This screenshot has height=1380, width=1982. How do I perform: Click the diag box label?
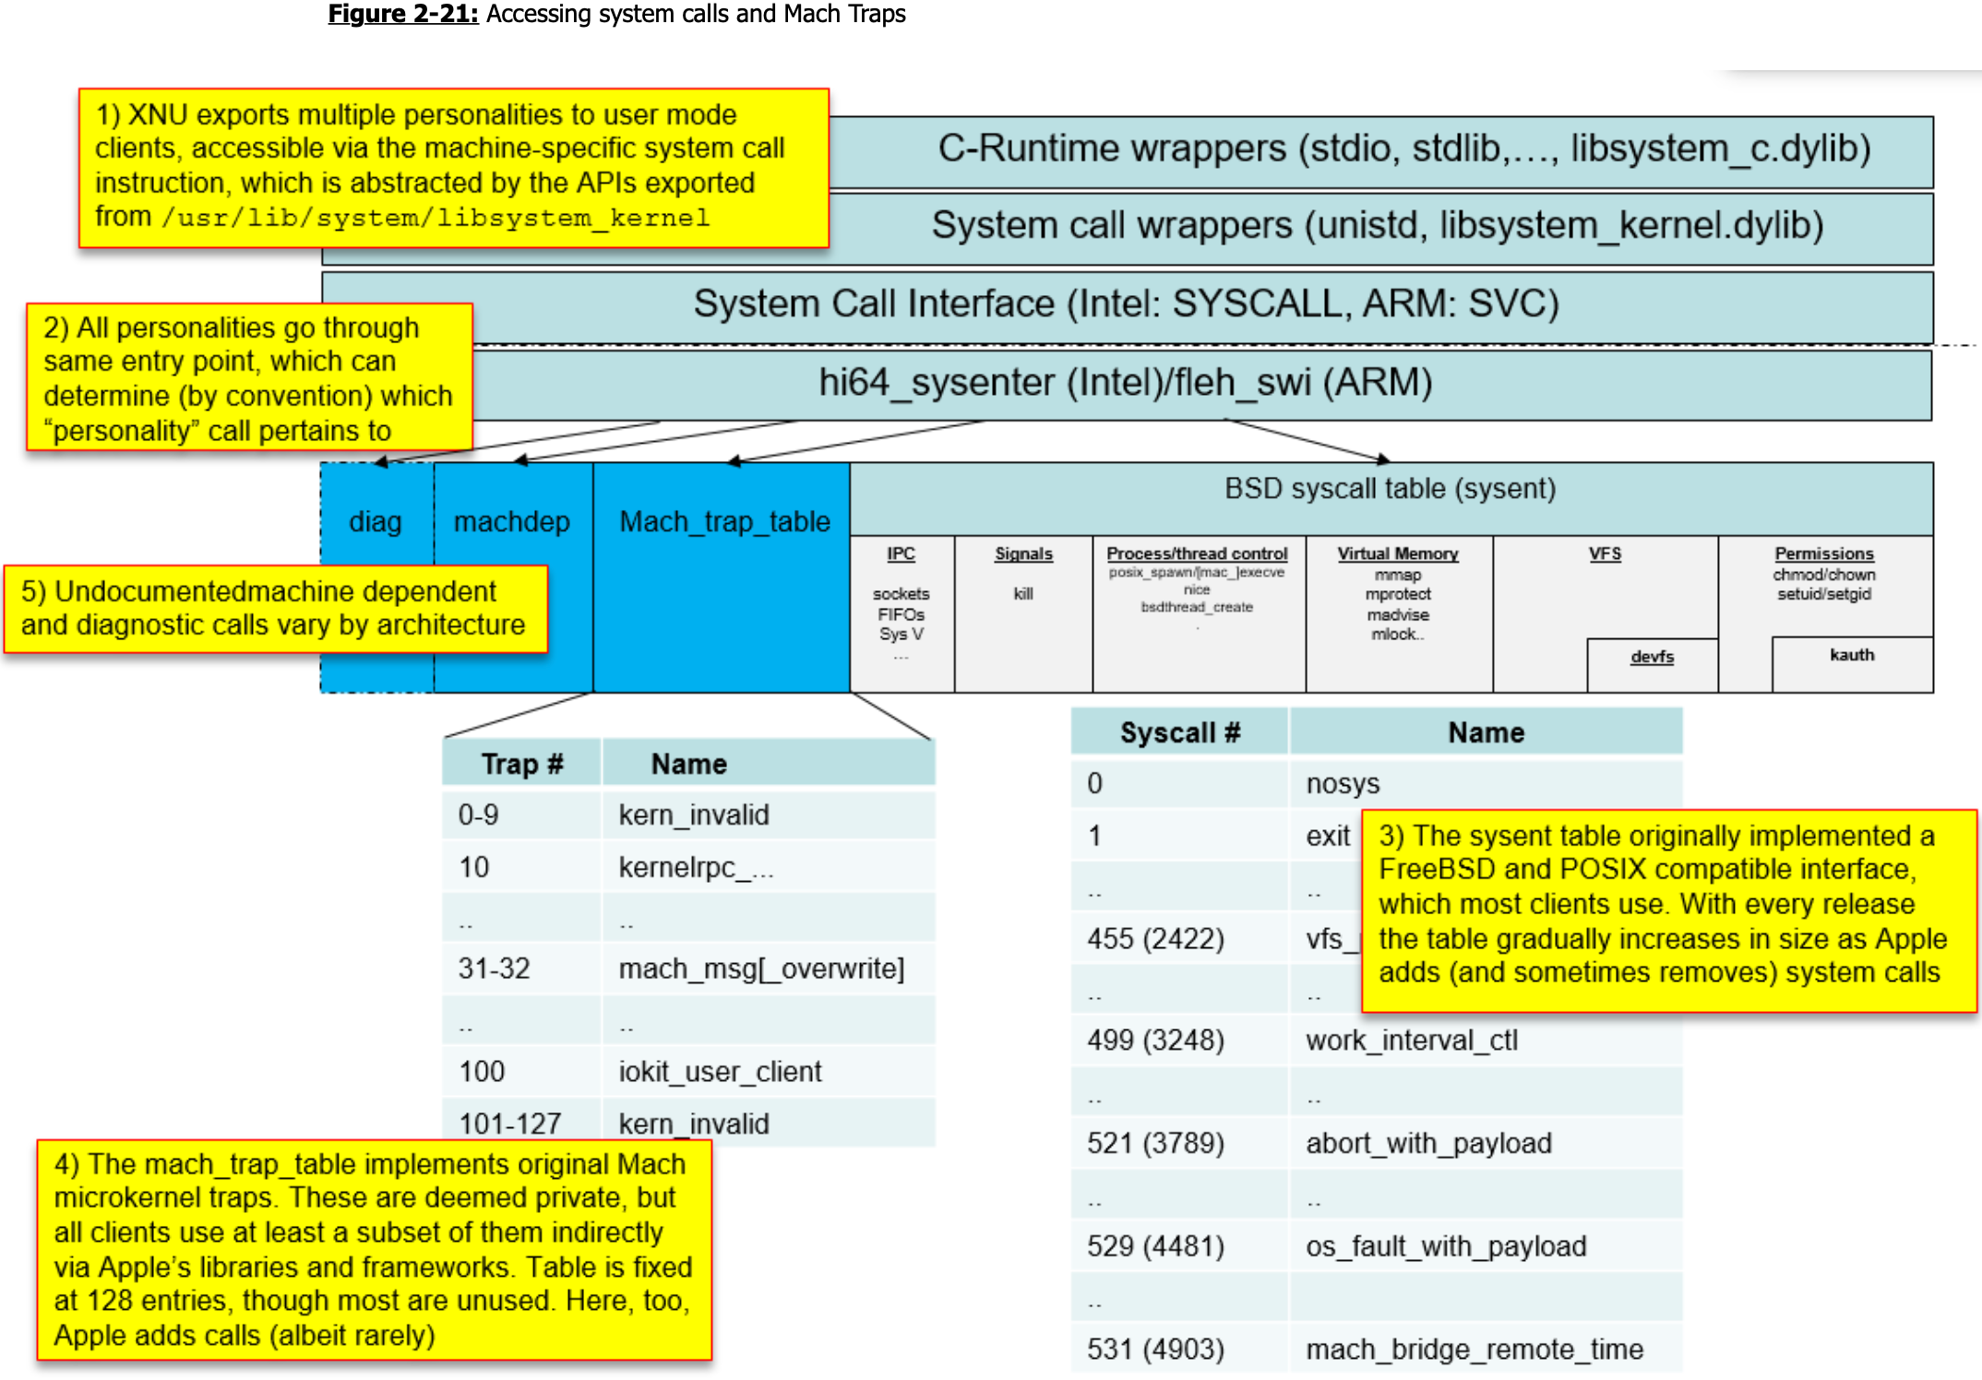point(375,522)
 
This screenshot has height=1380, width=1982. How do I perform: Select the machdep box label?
point(511,522)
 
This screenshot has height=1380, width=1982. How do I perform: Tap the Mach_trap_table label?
point(724,522)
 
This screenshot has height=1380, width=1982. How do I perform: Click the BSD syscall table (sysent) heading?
point(1389,489)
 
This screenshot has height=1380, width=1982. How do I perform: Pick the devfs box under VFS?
point(1651,657)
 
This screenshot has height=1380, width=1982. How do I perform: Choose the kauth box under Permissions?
point(1851,655)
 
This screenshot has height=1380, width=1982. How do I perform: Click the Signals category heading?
point(1023,553)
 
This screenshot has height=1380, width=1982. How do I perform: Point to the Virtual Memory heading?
point(1397,553)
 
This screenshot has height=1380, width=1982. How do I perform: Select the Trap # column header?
point(522,764)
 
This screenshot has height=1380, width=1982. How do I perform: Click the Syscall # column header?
point(1179,732)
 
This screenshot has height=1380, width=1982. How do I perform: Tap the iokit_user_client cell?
point(720,1072)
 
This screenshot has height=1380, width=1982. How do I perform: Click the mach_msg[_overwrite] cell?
point(761,969)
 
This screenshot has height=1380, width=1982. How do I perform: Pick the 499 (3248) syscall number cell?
point(1155,1041)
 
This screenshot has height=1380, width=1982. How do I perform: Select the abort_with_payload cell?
point(1428,1144)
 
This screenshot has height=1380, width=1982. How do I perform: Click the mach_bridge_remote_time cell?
point(1474,1350)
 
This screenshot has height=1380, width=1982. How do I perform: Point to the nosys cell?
point(1343,784)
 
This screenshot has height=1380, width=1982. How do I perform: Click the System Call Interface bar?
point(1126,304)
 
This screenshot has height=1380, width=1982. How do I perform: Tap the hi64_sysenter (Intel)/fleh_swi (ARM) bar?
point(1126,383)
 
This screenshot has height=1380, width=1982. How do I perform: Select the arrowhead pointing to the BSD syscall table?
point(1382,458)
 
